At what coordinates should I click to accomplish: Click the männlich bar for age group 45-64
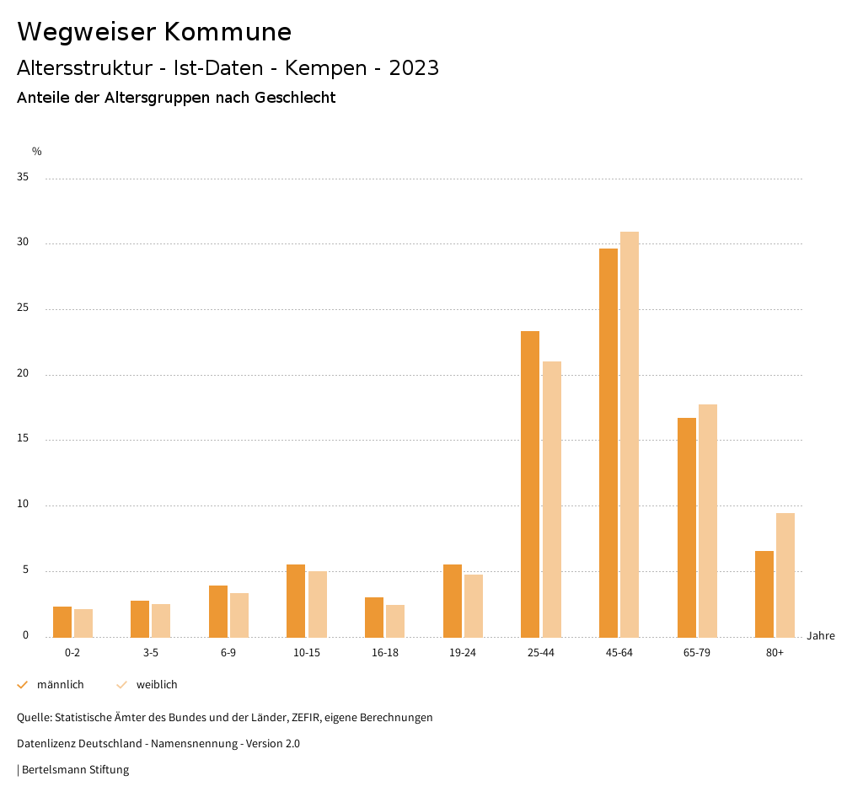[608, 442]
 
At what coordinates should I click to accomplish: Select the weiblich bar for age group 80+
[785, 575]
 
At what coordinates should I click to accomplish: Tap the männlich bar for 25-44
[530, 484]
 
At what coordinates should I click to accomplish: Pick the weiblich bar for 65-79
[708, 521]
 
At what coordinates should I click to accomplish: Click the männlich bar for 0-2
[62, 622]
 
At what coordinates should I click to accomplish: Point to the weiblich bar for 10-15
[317, 604]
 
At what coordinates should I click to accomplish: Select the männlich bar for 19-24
[453, 601]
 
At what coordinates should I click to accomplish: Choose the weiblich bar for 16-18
[395, 621]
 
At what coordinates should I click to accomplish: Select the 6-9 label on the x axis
[228, 653]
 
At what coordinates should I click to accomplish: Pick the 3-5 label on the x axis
[151, 653]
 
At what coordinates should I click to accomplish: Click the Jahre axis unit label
[821, 636]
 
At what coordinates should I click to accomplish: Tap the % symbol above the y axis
[37, 152]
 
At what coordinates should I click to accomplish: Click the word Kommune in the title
[228, 32]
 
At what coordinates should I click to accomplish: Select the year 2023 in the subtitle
[414, 68]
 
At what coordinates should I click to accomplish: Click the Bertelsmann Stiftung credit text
[75, 770]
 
